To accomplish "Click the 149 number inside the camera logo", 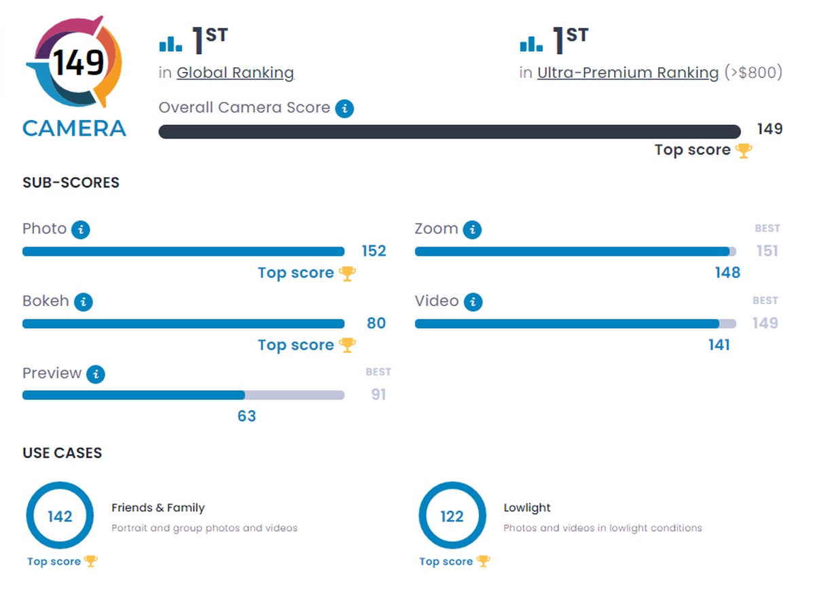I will click(79, 63).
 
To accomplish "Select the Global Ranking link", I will click(235, 73).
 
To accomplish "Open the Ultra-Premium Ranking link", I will click(628, 73).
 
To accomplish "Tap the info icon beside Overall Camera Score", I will click(345, 108).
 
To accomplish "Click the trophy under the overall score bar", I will click(744, 151).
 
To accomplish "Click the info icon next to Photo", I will click(81, 229).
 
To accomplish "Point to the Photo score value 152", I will click(374, 251).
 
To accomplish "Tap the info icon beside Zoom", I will click(473, 229).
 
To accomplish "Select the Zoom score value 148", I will click(727, 273).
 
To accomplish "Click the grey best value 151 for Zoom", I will click(767, 251).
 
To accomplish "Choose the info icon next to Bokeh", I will click(83, 301).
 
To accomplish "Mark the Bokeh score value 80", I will click(376, 323).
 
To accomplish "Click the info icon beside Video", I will click(473, 301).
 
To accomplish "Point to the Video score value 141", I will click(719, 345).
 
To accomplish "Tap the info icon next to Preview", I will click(96, 373).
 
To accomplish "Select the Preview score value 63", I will click(247, 416).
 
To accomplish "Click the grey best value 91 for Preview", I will click(378, 394).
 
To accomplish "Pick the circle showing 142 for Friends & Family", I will click(60, 517).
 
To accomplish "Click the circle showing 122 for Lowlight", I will click(452, 517).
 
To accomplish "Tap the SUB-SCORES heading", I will click(71, 183).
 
